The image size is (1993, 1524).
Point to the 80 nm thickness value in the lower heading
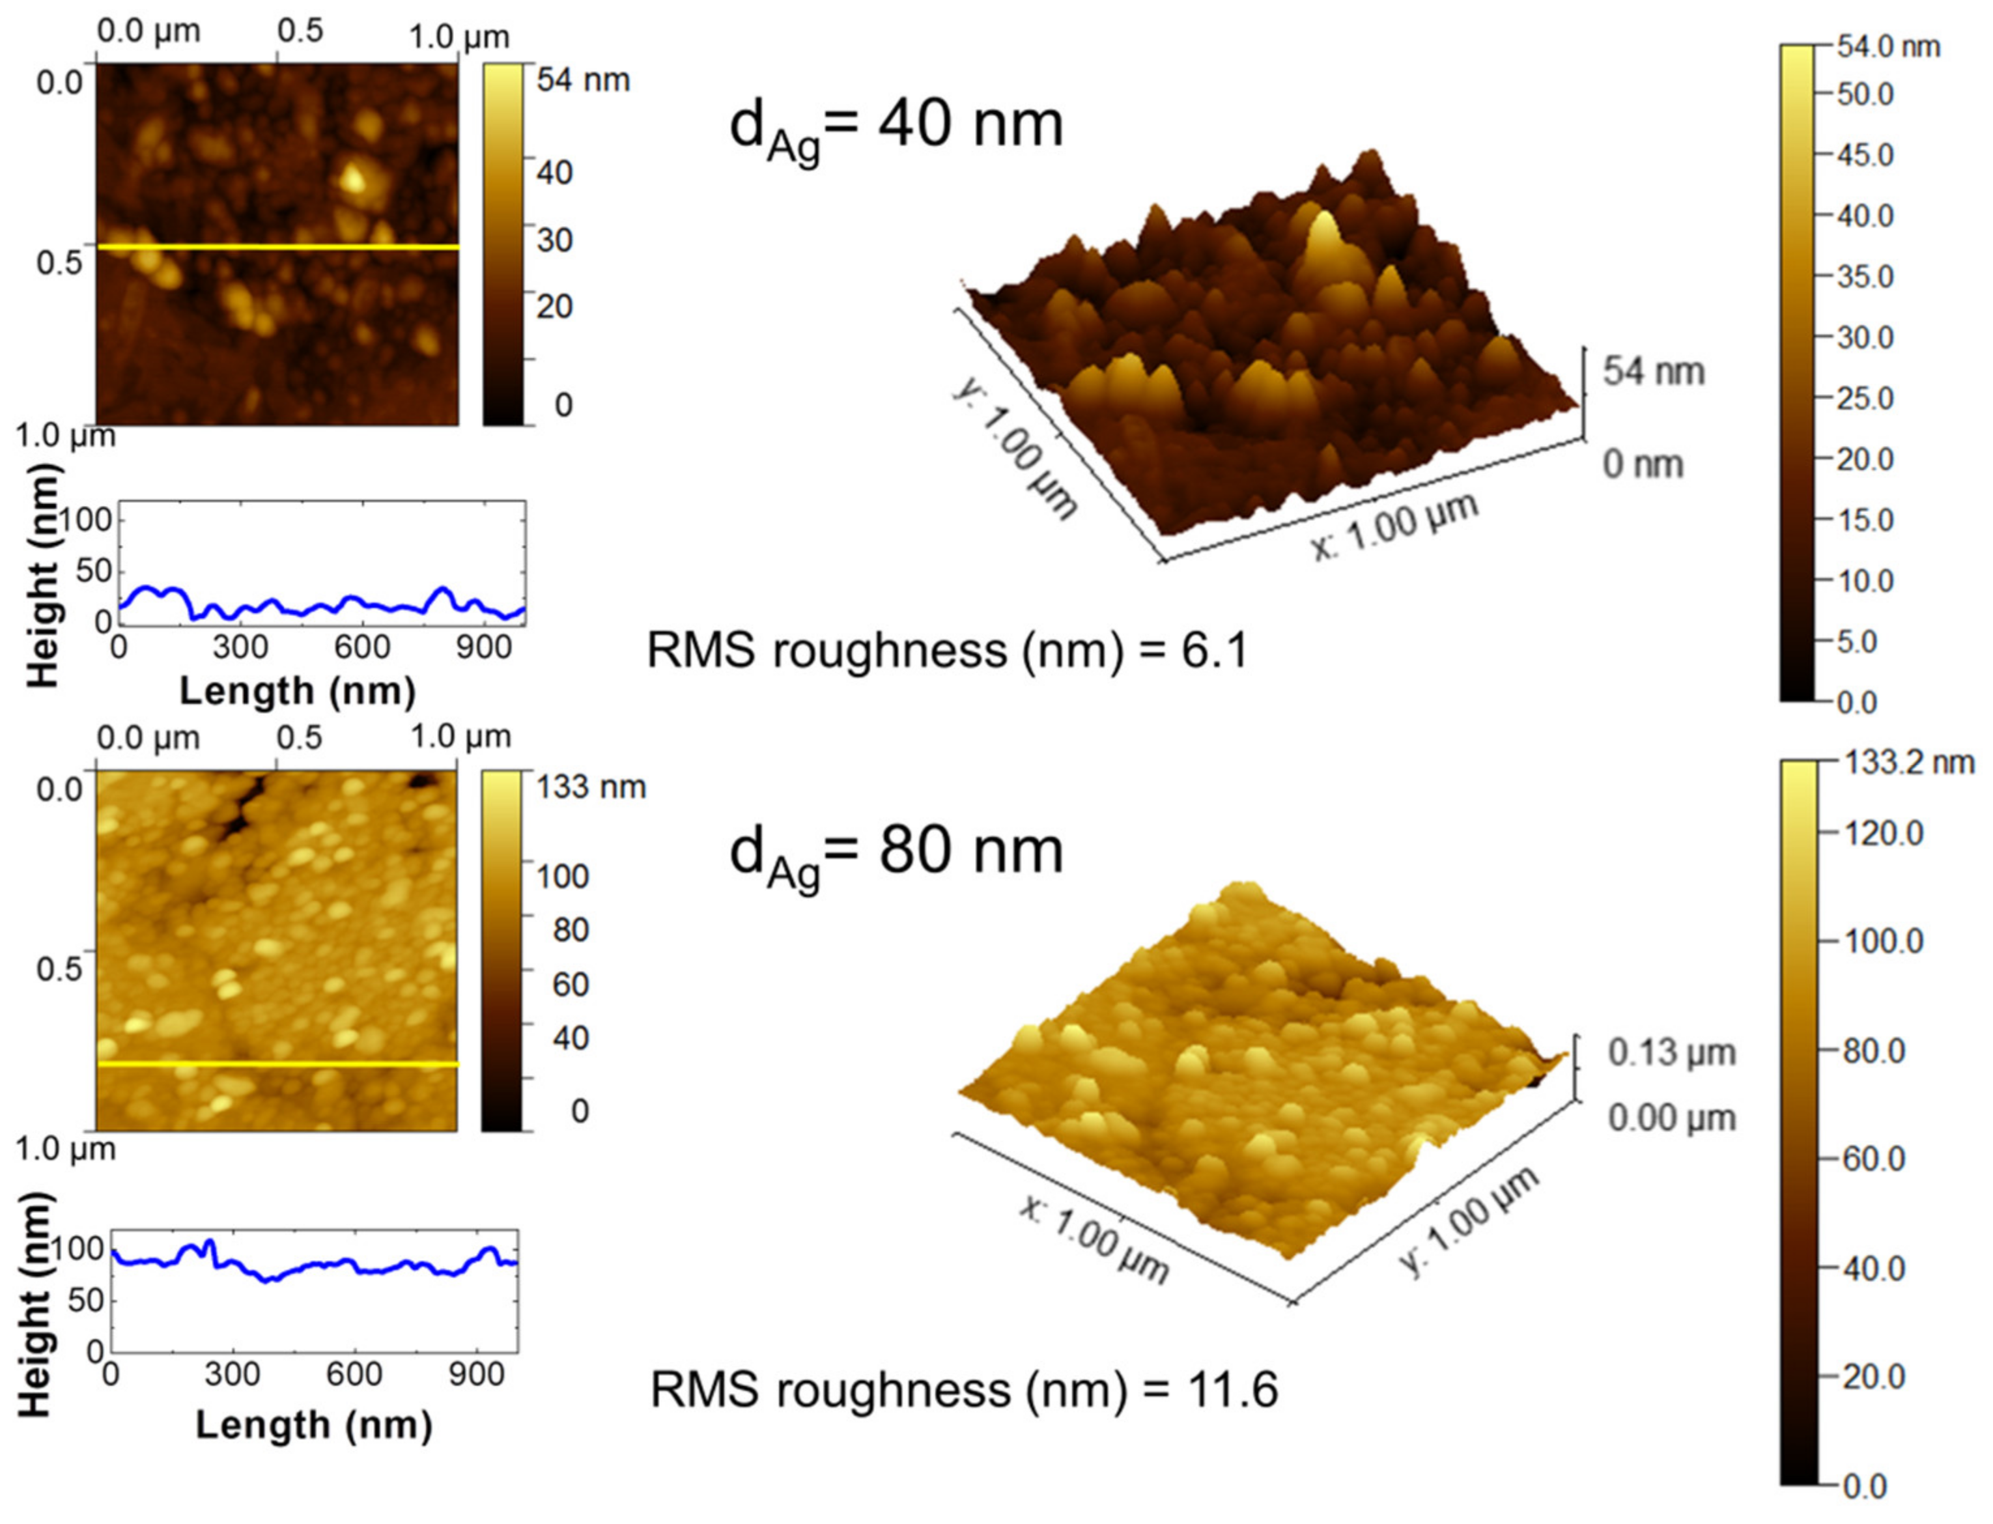coord(970,851)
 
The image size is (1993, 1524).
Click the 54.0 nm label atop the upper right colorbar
coord(1887,47)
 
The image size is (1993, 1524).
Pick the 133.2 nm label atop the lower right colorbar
coord(1908,763)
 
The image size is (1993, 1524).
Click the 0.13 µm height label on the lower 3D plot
coord(1671,1053)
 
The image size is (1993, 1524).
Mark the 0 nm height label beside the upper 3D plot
coord(1643,464)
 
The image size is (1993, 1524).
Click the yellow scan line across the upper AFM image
coord(277,247)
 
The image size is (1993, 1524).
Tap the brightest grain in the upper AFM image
coord(353,178)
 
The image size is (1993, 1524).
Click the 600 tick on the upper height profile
coord(362,647)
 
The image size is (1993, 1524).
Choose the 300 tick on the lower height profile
coord(233,1374)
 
